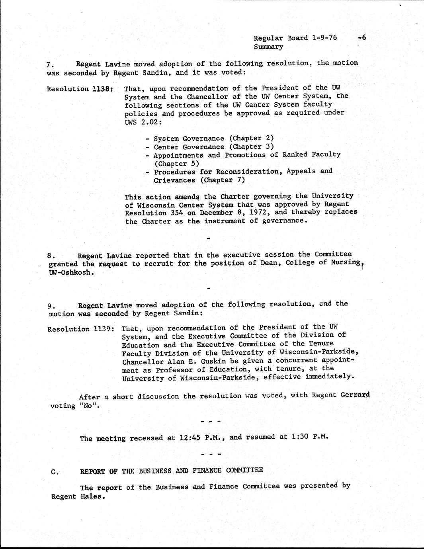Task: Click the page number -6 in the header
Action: click(362, 38)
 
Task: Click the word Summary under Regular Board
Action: click(268, 47)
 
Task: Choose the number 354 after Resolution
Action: click(174, 213)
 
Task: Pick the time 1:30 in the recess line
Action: click(302, 436)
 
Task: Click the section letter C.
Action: click(55, 472)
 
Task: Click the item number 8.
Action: click(51, 256)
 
